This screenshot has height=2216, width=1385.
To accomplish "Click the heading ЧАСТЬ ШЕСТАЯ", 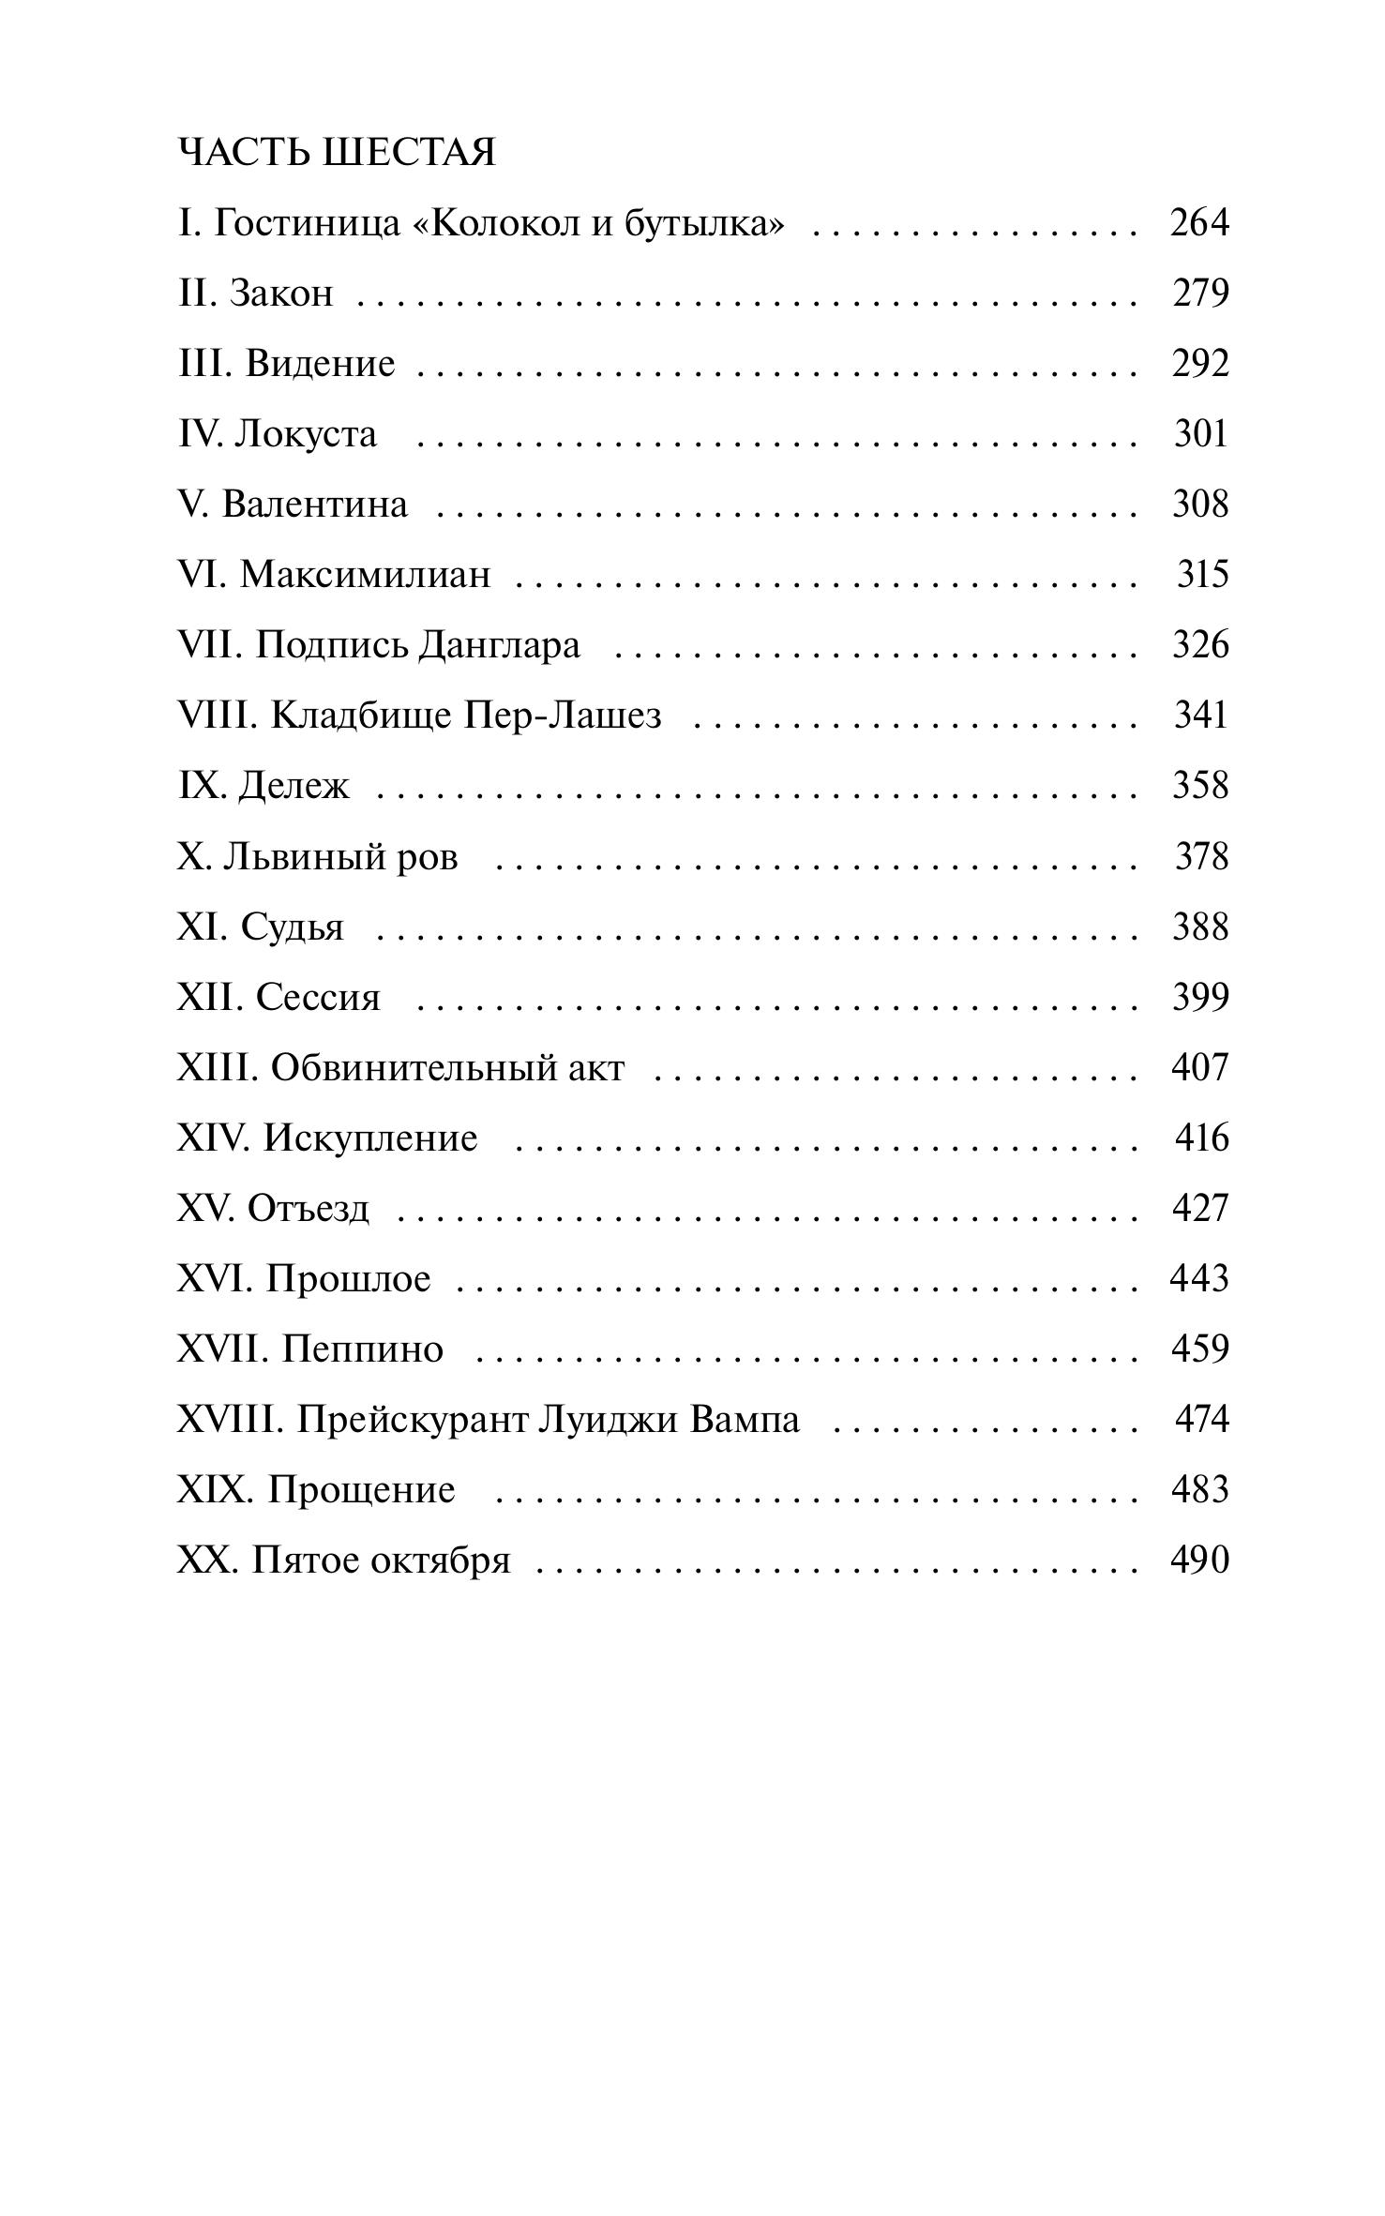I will tap(337, 152).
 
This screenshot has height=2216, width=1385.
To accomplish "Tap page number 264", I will tap(1198, 223).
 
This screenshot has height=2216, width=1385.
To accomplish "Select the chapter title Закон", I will tap(281, 294).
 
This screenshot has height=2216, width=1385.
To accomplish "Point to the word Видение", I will tap(320, 364).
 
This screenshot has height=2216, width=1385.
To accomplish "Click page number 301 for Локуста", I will tap(1200, 434).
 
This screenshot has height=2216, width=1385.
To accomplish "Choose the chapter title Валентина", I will tap(314, 505).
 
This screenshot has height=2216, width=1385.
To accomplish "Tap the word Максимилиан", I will tap(365, 575).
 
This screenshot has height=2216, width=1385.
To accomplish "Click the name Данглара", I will tap(499, 646).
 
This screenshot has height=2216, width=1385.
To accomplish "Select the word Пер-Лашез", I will tap(563, 716).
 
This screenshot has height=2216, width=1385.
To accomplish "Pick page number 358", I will tap(1200, 786).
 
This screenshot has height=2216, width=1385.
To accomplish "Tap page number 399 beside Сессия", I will tap(1200, 998).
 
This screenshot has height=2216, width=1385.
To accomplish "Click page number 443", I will tap(1198, 1279).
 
